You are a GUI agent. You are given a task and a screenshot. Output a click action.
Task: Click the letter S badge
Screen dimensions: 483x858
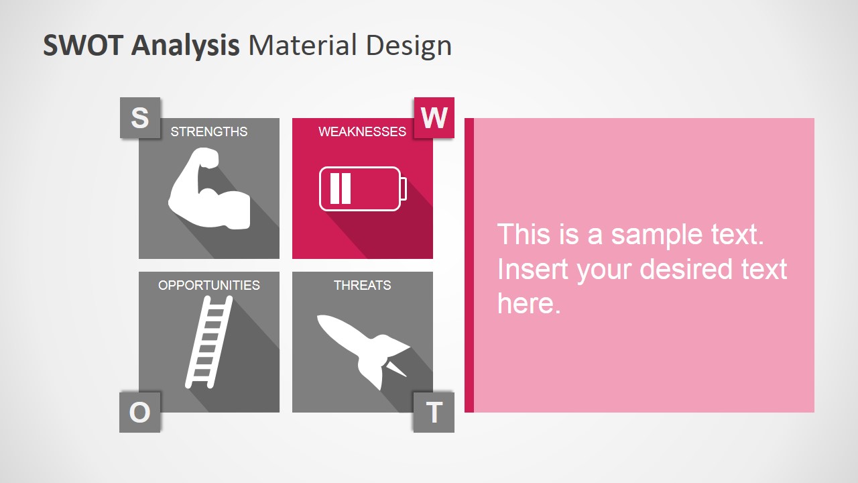[x=140, y=118]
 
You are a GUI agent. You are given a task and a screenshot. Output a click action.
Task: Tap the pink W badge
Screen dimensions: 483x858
[x=434, y=118]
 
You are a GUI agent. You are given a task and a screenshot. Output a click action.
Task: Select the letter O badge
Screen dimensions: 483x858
[x=139, y=412]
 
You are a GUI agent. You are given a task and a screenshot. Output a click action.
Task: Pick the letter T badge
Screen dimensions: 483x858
[x=434, y=412]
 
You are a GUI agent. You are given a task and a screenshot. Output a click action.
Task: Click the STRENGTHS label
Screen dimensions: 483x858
[x=209, y=131]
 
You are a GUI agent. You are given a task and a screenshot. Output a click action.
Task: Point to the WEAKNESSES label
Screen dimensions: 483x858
[x=362, y=131]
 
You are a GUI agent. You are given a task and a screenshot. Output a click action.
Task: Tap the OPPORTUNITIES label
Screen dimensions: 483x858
[x=209, y=285]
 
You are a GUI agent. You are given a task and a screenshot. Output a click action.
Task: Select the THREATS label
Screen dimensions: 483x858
[x=362, y=285]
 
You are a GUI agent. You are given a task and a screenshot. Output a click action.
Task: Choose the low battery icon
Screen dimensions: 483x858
[x=361, y=189]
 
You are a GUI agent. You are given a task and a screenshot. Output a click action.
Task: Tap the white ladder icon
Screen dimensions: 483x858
[x=208, y=342]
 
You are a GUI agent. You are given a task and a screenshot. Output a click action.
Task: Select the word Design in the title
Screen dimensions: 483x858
[x=408, y=46]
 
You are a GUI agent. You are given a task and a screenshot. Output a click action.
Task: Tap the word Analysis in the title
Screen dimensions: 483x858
[x=186, y=46]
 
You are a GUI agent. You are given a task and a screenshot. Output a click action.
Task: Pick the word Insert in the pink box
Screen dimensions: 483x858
[x=533, y=269]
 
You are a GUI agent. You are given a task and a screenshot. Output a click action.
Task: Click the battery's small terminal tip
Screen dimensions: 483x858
[x=404, y=189]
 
